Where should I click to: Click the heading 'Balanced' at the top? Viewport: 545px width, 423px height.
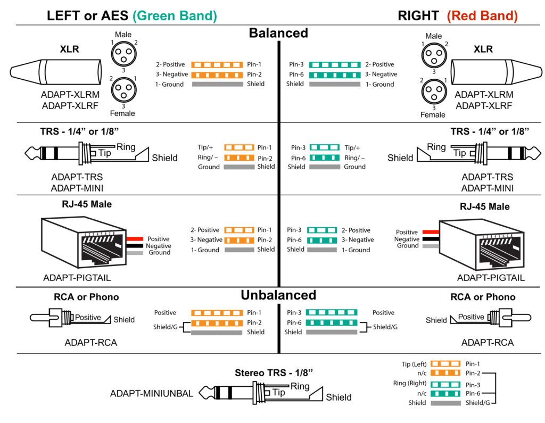278,33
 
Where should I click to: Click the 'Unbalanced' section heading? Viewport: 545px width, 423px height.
278,295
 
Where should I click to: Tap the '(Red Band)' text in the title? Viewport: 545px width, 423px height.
482,15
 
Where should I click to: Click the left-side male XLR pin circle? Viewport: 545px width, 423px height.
122,53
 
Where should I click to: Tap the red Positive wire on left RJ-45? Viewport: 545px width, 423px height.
135,239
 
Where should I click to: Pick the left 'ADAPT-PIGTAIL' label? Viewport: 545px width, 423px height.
77,278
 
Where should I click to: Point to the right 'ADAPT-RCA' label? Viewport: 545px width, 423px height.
488,343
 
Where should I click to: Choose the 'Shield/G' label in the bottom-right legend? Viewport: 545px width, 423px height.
478,403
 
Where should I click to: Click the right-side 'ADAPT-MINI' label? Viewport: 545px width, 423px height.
488,188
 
